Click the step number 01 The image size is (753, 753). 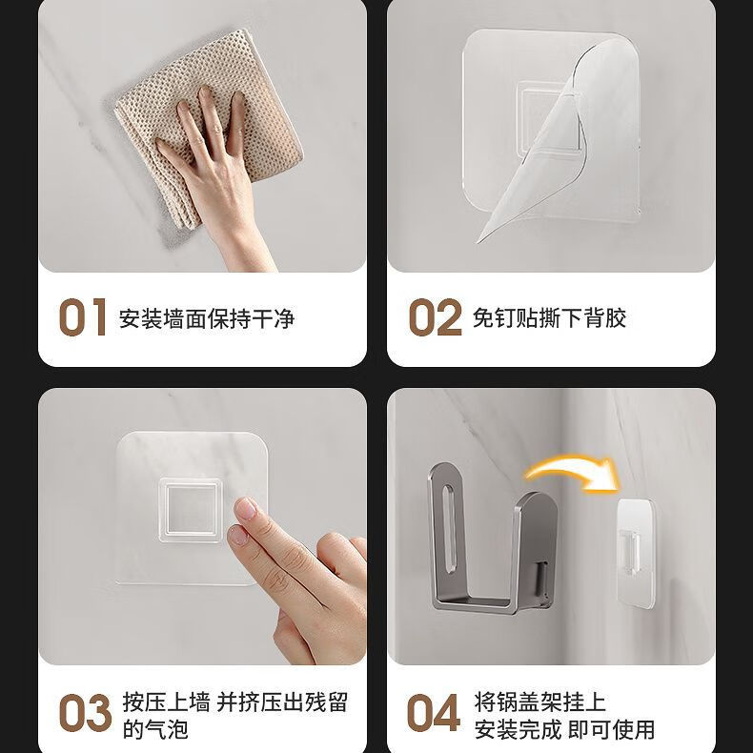click(x=83, y=317)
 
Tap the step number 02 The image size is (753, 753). click(x=435, y=317)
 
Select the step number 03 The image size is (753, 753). click(x=85, y=713)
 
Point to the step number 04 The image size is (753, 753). click(x=434, y=713)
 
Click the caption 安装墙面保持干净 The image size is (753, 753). click(x=207, y=319)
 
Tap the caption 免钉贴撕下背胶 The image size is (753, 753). click(x=549, y=318)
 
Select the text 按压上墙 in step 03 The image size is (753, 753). click(x=166, y=702)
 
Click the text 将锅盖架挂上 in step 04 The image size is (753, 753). click(x=539, y=702)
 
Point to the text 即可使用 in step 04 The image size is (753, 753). click(x=611, y=730)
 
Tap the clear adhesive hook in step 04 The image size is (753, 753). click(x=635, y=553)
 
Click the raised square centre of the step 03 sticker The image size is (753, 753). click(x=191, y=510)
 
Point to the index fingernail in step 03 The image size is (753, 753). click(x=246, y=509)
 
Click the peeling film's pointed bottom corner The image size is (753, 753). click(x=478, y=241)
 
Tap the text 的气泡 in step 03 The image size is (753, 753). click(x=155, y=730)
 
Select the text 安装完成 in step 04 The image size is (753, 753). click(x=518, y=730)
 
